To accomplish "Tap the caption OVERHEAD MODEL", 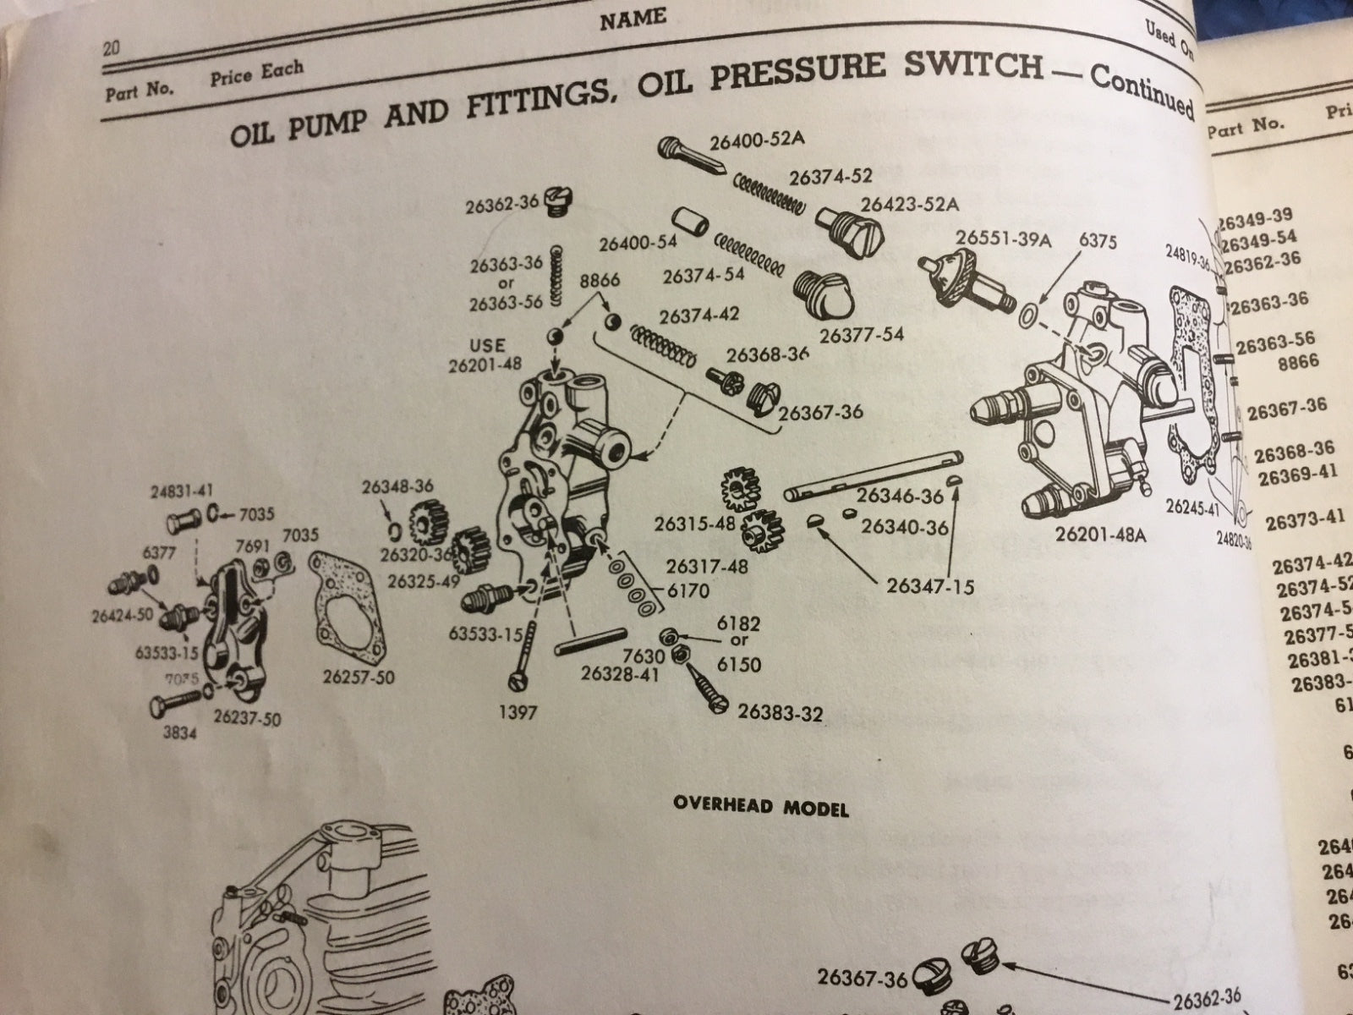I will pyautogui.click(x=761, y=808).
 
